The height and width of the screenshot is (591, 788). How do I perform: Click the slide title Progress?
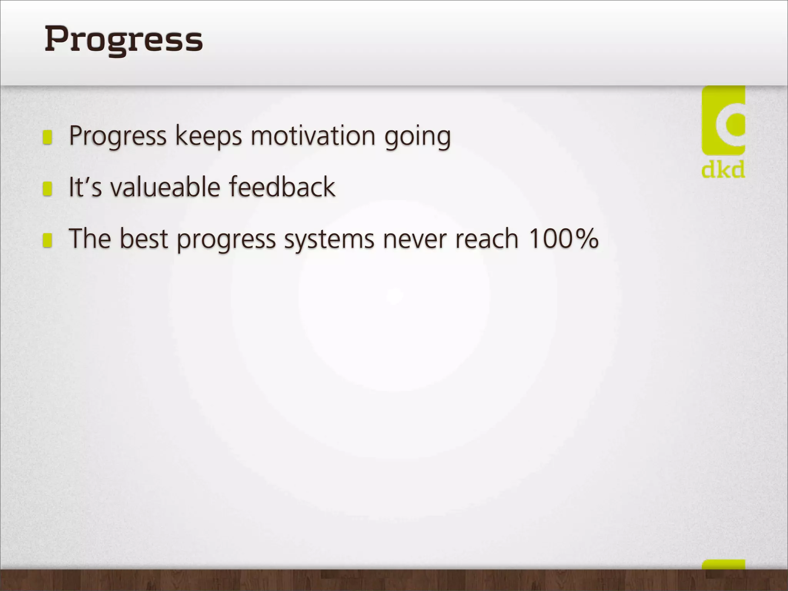pos(124,40)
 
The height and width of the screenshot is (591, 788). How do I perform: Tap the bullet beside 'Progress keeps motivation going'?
pos(47,137)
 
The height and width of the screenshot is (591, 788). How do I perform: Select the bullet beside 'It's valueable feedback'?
pos(47,189)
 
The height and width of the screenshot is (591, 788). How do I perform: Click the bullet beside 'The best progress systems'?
pos(47,240)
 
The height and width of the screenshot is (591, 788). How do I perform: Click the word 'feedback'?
pos(282,187)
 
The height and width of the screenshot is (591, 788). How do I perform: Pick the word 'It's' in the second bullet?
pos(85,187)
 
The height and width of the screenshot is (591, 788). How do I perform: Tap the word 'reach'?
pos(487,239)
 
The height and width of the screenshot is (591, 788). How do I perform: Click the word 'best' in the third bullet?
pos(144,239)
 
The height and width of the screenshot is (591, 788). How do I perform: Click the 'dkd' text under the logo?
pos(723,170)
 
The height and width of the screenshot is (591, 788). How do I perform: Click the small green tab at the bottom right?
pos(723,565)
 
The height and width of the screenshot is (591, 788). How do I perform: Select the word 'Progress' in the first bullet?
pos(117,137)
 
